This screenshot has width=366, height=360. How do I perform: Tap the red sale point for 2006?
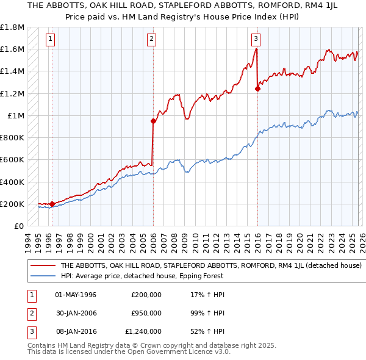click(153, 121)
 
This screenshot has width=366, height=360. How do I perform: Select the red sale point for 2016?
click(257, 88)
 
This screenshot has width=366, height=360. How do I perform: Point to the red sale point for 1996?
click(52, 204)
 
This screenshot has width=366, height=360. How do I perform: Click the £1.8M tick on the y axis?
click(12, 27)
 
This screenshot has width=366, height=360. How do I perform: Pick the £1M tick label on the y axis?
click(15, 116)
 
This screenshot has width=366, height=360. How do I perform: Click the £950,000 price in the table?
click(146, 312)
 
